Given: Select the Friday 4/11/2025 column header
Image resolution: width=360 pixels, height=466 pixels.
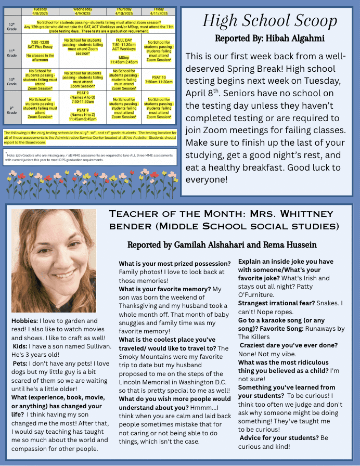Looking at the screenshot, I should [159, 11].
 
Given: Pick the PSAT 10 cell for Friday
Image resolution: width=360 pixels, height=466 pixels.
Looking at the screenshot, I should [159, 79].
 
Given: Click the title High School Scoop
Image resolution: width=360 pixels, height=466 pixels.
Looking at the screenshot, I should [269, 21].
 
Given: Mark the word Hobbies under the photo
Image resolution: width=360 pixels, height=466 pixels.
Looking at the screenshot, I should [25, 321].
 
